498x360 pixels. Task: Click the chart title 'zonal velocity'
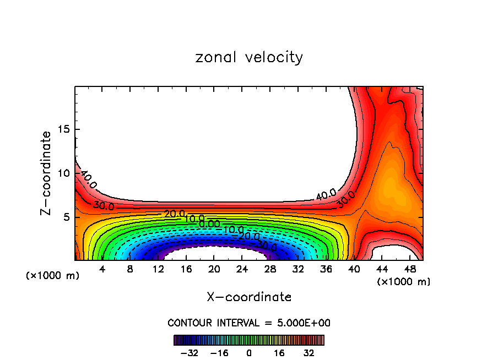coord(249,57)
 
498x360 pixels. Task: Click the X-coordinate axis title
coord(249,297)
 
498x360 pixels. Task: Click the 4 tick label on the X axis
coord(102,270)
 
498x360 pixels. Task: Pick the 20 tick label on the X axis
coord(214,270)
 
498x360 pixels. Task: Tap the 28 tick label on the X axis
coord(270,270)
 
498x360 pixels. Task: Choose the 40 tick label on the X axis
coord(354,270)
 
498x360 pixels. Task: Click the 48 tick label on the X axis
coord(409,270)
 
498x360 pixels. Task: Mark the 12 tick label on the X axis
coord(158,270)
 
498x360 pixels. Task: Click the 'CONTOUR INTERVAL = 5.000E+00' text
coord(249,323)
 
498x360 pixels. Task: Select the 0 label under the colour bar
coord(249,353)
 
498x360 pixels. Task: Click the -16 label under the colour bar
coord(219,353)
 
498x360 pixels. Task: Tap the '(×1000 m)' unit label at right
coord(404,282)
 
